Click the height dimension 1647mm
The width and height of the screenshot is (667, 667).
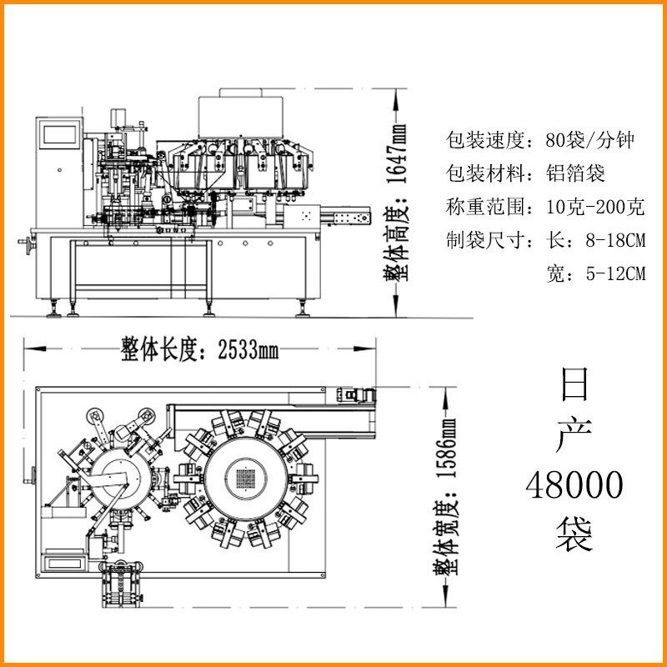397,153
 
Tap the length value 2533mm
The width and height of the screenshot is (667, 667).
248,350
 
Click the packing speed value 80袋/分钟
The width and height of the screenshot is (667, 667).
590,140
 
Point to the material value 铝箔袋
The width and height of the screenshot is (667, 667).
575,173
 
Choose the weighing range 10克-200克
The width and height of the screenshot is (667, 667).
595,207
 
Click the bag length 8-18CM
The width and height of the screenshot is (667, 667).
615,240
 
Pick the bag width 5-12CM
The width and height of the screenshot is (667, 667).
615,274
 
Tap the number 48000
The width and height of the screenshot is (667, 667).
574,485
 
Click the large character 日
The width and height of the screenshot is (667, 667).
574,384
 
